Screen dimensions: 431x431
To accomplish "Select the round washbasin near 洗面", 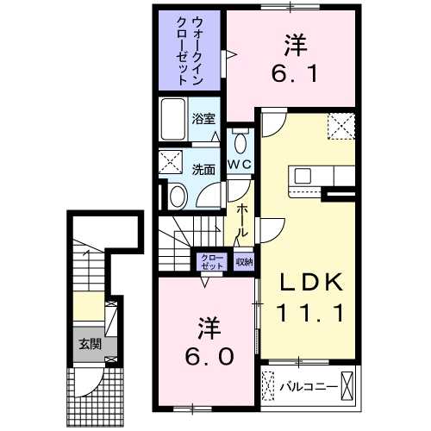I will [x=176, y=197].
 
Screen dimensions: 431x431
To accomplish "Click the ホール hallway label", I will [x=243, y=222].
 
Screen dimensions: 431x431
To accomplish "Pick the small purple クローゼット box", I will [x=211, y=262].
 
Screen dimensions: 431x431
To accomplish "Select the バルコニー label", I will [x=306, y=385].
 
